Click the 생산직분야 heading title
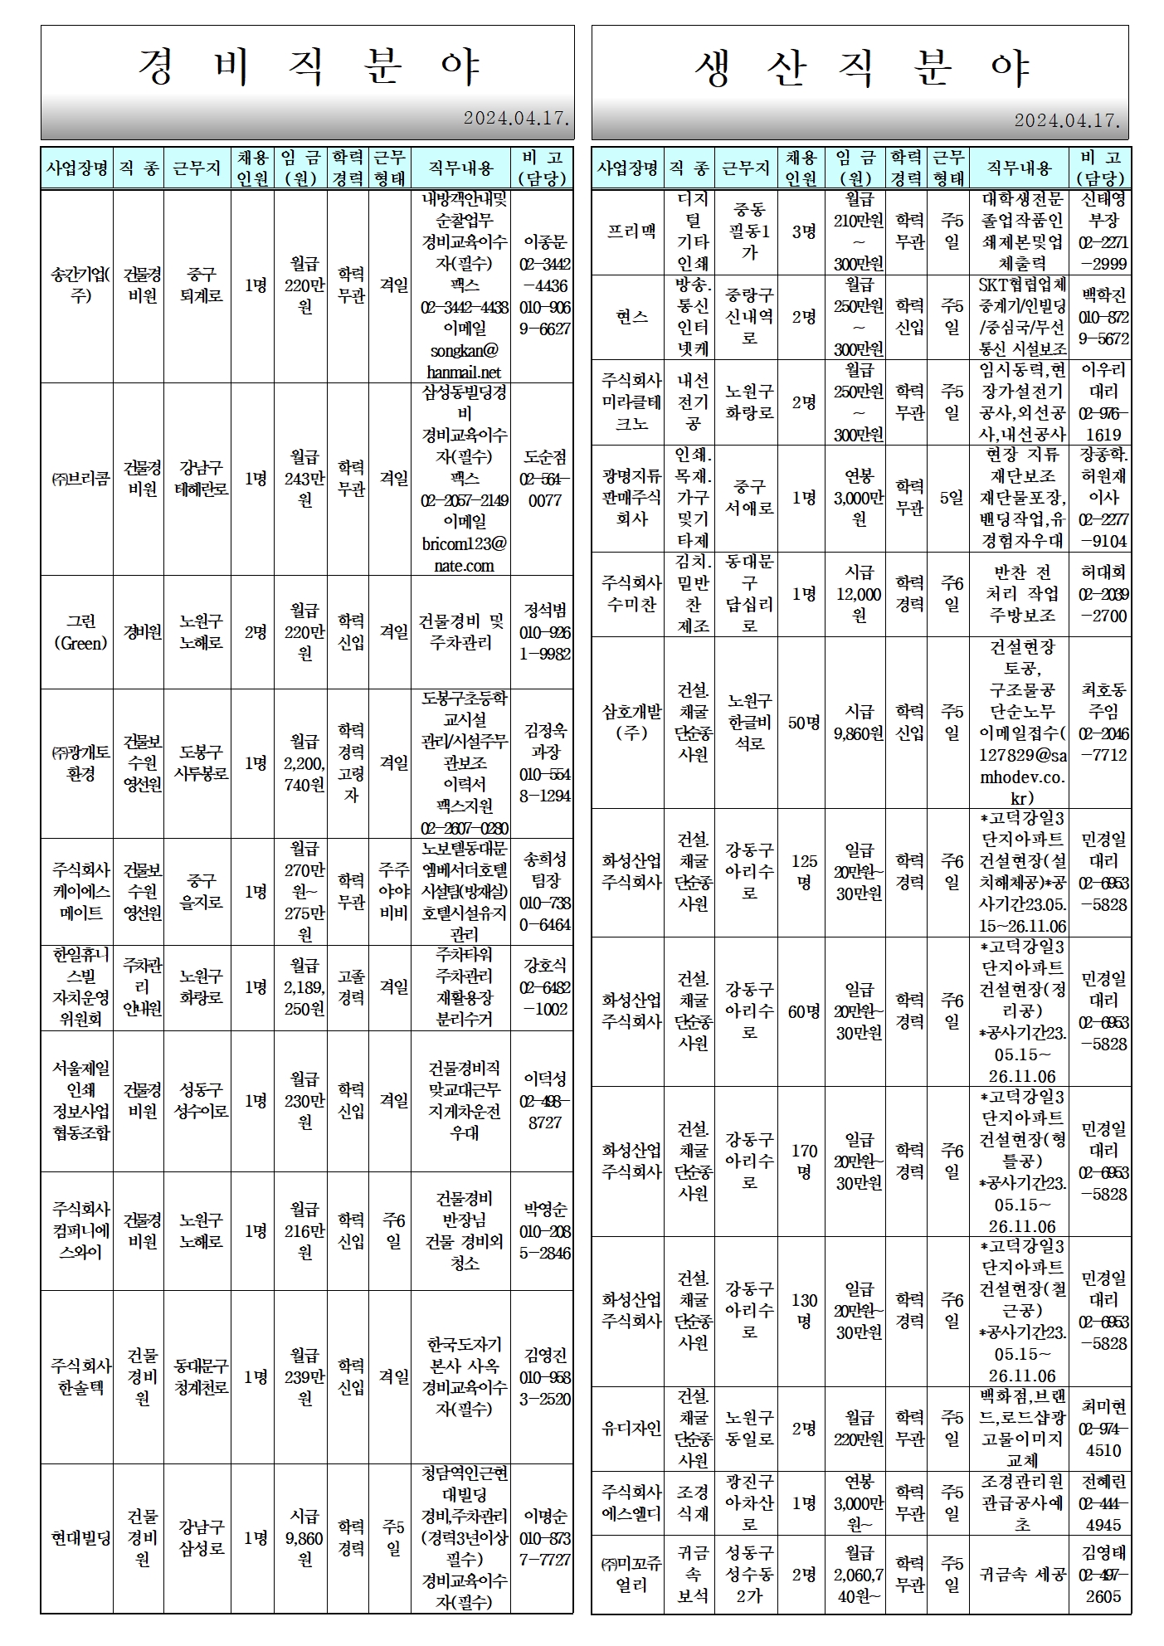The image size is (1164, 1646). (860, 66)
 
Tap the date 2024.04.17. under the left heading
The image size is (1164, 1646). (516, 119)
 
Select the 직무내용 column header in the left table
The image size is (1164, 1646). (460, 168)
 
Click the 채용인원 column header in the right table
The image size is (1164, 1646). (801, 168)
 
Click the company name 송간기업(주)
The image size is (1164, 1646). (80, 285)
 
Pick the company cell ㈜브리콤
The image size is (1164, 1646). (80, 479)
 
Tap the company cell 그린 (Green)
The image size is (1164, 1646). (80, 632)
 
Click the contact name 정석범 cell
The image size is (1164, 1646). (544, 632)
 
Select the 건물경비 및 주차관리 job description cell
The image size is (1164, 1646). (460, 632)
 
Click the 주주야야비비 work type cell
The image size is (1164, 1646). (393, 892)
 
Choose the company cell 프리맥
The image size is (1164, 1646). (631, 231)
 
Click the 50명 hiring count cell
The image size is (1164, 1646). (802, 723)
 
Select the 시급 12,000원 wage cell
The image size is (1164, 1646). (859, 594)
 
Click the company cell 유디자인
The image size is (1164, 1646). (631, 1429)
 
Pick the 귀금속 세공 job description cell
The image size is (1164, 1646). (1021, 1574)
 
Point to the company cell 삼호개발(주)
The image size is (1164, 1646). (631, 723)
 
